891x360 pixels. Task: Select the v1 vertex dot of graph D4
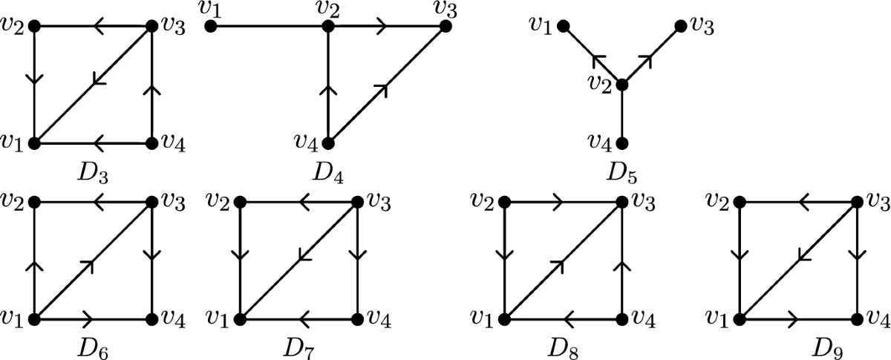tap(211, 27)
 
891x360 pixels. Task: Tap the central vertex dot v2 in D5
tap(622, 85)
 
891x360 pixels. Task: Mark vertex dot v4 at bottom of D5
tap(622, 142)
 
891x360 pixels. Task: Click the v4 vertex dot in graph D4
tap(327, 142)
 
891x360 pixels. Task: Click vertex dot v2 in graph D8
tap(505, 202)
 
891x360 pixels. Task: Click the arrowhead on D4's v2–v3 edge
tap(382, 27)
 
